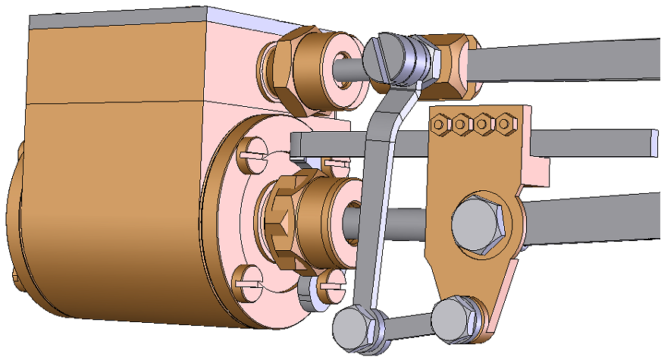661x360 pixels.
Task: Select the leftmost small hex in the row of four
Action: tap(440, 121)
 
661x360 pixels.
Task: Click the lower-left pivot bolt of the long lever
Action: tap(352, 327)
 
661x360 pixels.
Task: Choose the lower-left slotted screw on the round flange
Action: tap(249, 283)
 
